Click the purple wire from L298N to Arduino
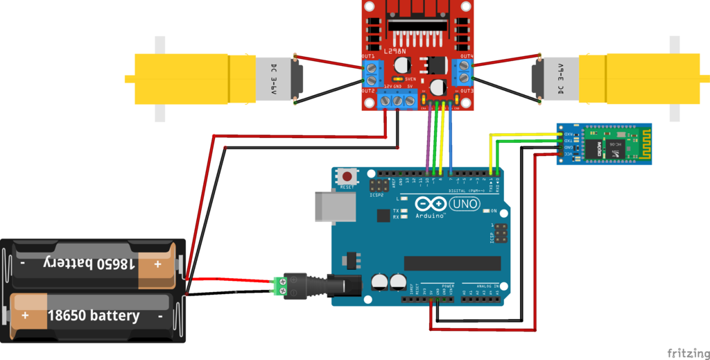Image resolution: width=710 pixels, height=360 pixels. click(x=426, y=139)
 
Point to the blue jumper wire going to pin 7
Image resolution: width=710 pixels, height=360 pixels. click(x=451, y=139)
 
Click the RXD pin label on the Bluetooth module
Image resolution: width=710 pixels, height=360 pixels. click(x=569, y=133)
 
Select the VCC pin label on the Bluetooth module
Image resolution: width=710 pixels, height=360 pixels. click(x=569, y=154)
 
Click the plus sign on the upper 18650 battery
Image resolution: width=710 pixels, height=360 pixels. click(x=157, y=264)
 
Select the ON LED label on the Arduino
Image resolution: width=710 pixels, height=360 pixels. click(x=494, y=210)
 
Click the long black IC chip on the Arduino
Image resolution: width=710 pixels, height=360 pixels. click(x=452, y=263)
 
